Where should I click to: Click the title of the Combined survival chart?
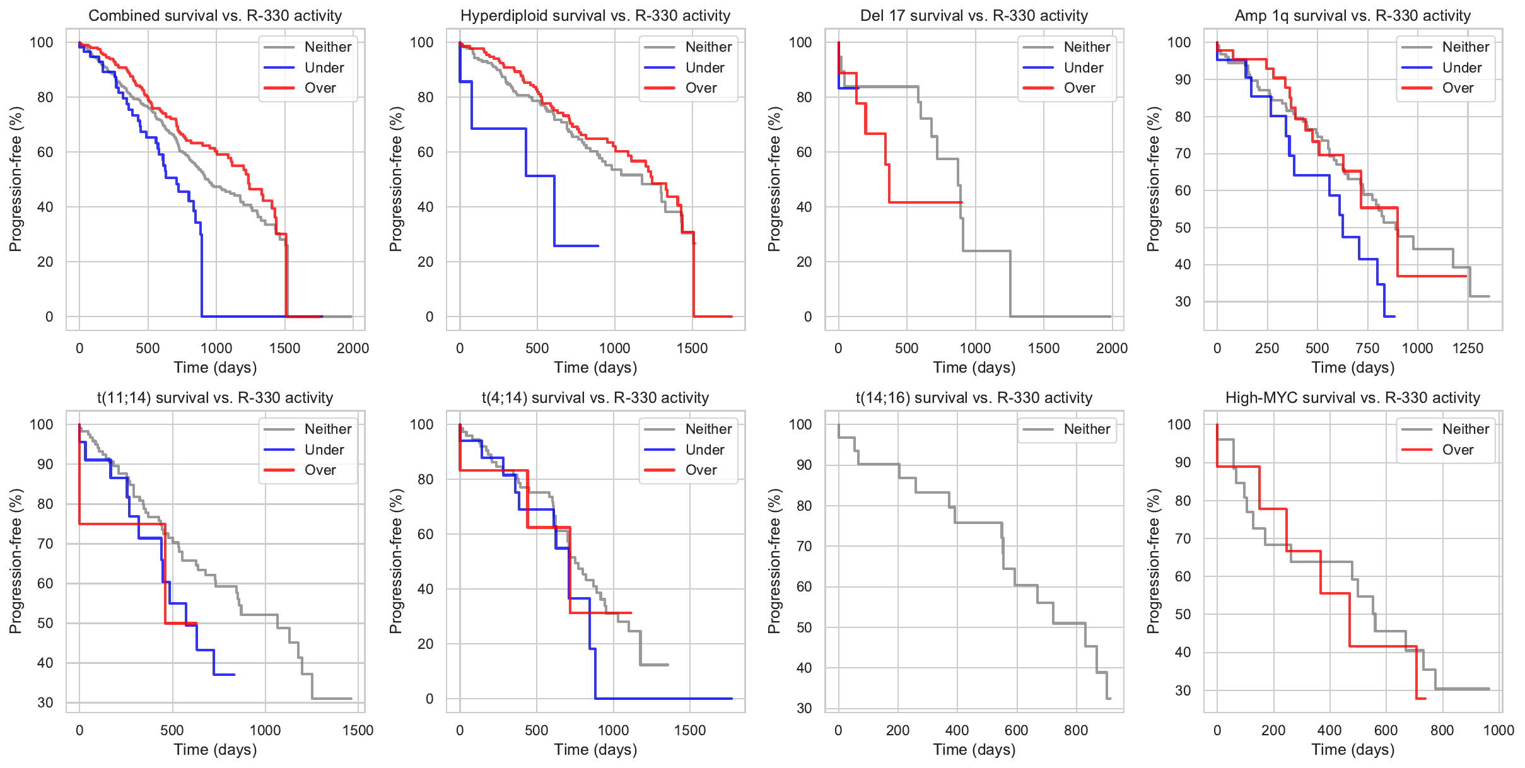(215, 16)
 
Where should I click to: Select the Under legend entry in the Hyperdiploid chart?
(704, 67)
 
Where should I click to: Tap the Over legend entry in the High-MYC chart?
(1458, 450)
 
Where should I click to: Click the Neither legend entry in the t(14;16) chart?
(1086, 429)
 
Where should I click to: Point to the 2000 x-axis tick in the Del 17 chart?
(1111, 348)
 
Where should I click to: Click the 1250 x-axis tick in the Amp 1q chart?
(1468, 348)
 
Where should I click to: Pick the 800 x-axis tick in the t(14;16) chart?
(1075, 730)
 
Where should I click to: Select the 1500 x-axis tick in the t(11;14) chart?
(358, 730)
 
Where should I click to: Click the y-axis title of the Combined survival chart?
(15, 179)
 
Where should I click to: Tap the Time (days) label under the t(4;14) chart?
(595, 750)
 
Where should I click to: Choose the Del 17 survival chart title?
(974, 16)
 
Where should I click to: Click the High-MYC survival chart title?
(1352, 398)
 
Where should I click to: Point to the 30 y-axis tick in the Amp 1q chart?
(1183, 301)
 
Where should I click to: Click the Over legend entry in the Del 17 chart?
(1079, 88)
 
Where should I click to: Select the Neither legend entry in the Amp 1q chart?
(1465, 47)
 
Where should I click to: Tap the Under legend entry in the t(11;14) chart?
(324, 450)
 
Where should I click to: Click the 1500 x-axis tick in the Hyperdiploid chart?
(692, 348)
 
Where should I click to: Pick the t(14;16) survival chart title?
(974, 398)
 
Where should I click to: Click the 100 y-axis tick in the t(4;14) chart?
(422, 424)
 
